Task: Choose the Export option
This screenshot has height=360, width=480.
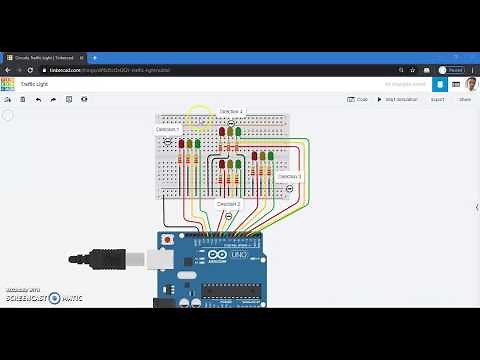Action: coord(437,99)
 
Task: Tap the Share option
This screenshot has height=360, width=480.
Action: coord(464,99)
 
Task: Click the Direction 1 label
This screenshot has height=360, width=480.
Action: coord(167,129)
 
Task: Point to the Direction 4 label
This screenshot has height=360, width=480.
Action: coord(231,111)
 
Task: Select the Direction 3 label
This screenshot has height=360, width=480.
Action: coord(289,176)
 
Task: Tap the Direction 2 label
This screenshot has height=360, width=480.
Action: coord(229,203)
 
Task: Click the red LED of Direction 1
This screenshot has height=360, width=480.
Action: coord(181,144)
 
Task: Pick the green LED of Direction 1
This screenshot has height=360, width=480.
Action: coord(197,144)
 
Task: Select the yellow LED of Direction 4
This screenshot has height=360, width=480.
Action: coord(231,131)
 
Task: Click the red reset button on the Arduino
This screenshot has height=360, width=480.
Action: coord(167,241)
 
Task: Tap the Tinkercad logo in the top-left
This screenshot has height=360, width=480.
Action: coord(7,85)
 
